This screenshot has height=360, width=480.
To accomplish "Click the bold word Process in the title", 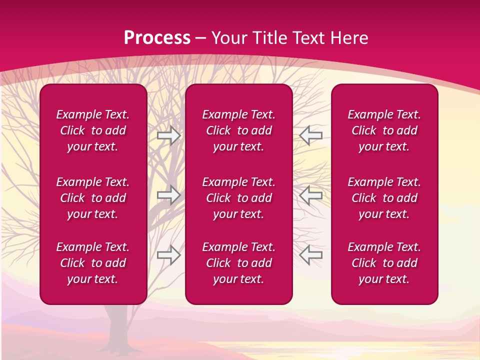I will [157, 38].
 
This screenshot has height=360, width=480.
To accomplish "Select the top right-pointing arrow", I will [168, 135].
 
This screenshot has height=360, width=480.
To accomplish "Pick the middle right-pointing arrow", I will [168, 195].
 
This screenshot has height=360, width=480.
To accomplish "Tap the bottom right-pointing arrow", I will [168, 254].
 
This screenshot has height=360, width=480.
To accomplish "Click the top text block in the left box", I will [93, 130].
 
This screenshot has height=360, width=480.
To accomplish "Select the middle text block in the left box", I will [93, 198].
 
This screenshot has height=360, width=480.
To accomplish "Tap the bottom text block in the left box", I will [93, 263].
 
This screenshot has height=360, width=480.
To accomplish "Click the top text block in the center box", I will [238, 130].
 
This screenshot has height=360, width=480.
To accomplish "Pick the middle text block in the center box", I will [238, 198].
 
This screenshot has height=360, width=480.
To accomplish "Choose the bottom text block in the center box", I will [238, 263].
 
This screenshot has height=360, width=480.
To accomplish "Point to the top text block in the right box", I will [384, 130].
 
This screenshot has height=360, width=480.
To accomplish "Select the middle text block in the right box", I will [384, 198].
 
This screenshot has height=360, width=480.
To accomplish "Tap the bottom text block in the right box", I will [384, 263].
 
